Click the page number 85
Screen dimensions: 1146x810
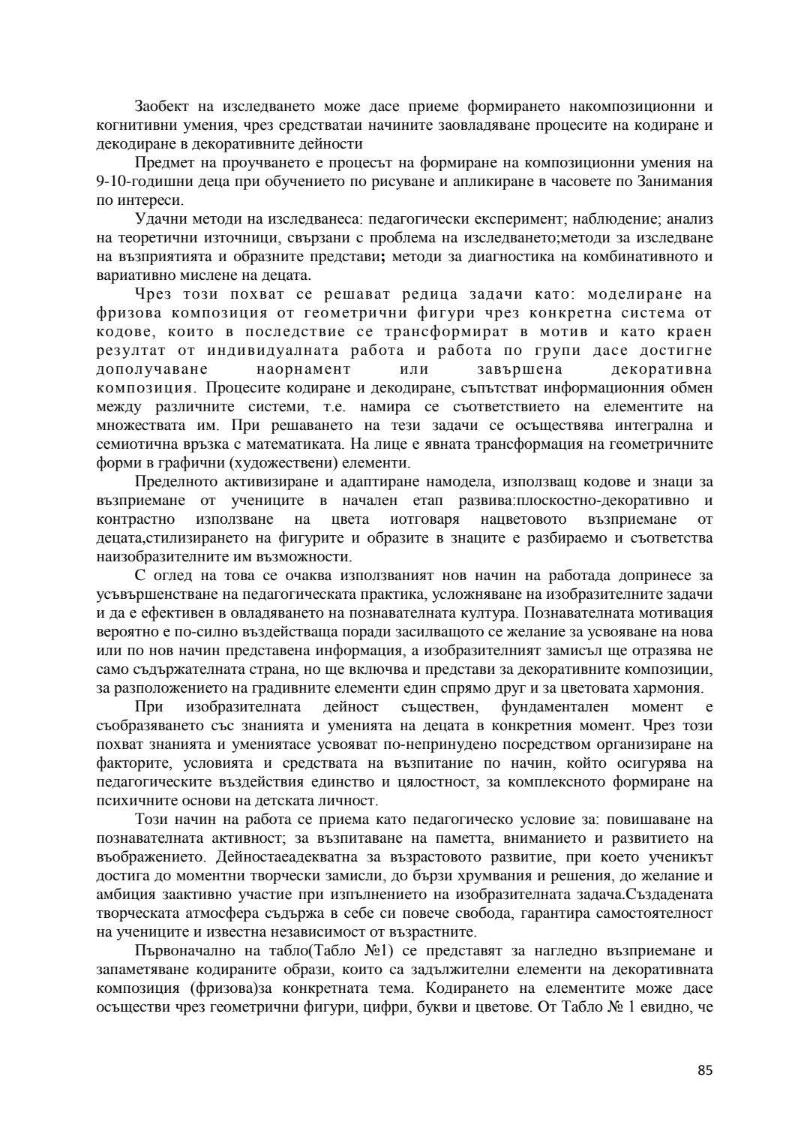pyautogui.click(x=704, y=1070)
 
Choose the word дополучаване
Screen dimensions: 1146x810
pyautogui.click(x=152, y=369)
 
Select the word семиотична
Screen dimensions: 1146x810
pyautogui.click(x=139, y=444)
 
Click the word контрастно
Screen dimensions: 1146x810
pyautogui.click(x=136, y=519)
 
